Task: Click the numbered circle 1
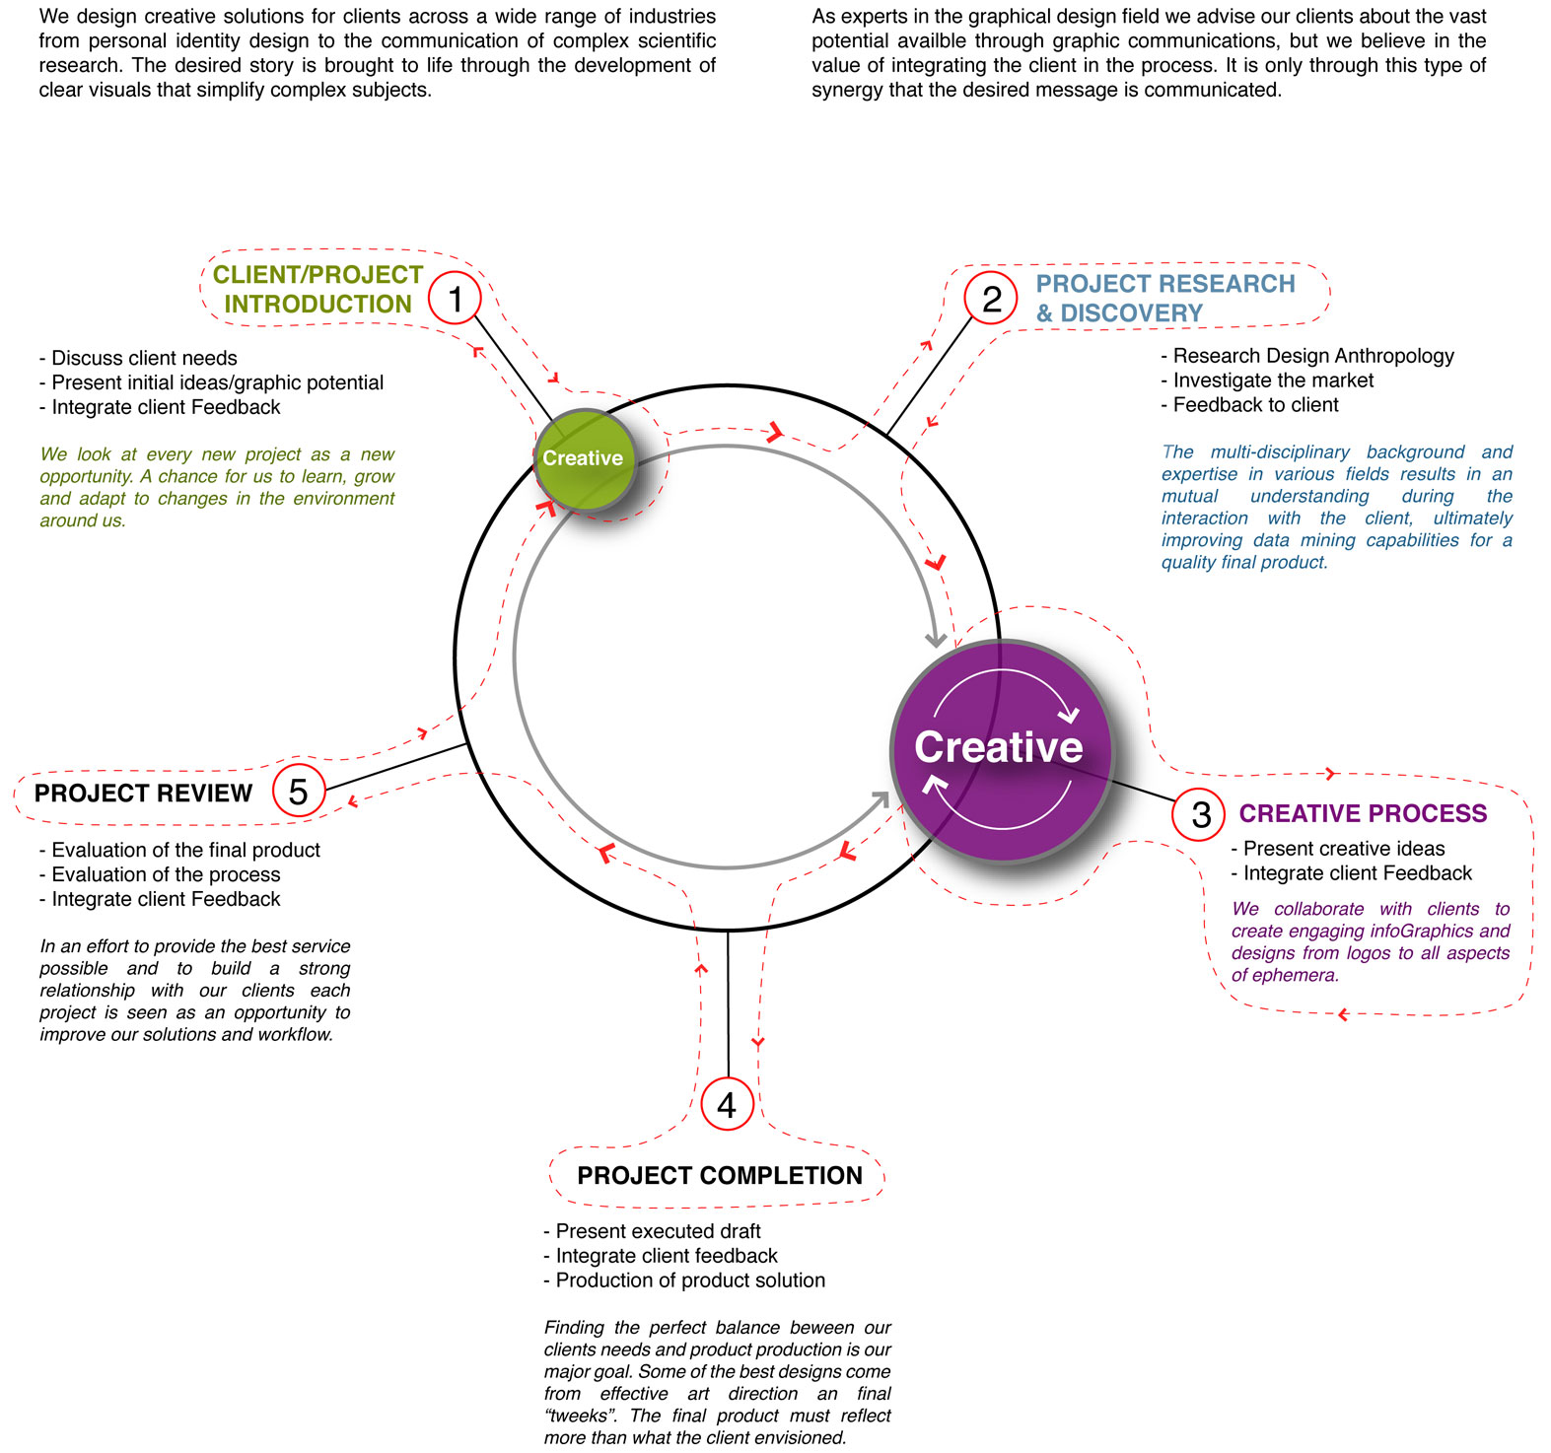455,298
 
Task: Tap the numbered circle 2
991,298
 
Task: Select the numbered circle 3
1200,814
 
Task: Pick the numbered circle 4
727,1105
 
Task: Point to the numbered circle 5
298,791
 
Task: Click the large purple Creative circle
1001,749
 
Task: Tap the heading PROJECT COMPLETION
720,1175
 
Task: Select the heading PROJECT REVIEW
144,793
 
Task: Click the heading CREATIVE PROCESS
1363,813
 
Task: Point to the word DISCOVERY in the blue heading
1132,313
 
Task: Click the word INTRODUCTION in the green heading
317,304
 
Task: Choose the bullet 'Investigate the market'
1273,381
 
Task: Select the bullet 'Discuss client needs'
144,358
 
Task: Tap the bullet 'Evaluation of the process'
166,874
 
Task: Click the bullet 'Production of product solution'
690,1280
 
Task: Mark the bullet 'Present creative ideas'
1344,849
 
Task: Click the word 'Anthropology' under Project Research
1397,356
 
